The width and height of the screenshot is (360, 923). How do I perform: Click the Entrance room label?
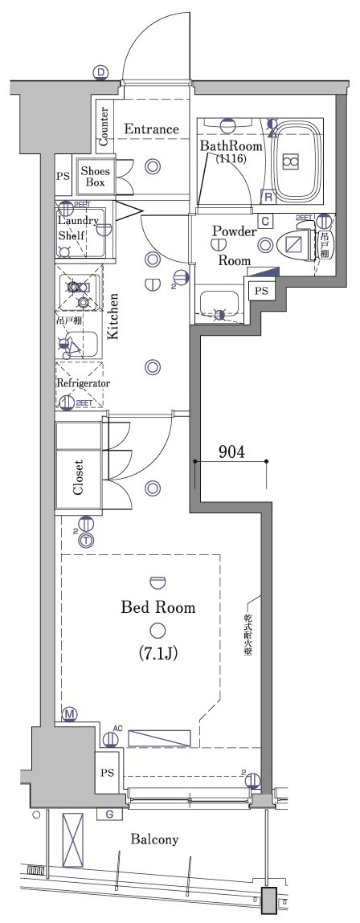(x=150, y=129)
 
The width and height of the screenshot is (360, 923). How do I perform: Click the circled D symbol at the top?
(x=100, y=73)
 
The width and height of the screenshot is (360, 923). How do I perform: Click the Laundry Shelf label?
(x=77, y=228)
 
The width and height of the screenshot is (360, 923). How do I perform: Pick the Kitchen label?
(x=115, y=317)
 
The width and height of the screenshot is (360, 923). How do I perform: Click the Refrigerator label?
(x=83, y=383)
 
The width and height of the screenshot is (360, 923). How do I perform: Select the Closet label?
(x=78, y=478)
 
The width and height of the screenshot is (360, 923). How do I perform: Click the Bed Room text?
(x=157, y=607)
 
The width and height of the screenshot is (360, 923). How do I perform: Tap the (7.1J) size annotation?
(x=157, y=653)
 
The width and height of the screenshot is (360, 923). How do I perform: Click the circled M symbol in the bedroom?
(x=70, y=714)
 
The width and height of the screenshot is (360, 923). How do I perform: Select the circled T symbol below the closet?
(x=85, y=541)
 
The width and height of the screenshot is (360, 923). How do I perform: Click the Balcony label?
(x=154, y=839)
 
